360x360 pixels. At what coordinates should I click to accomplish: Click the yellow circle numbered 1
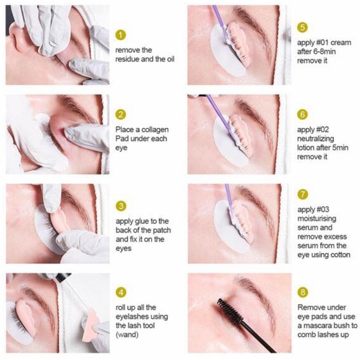tap(122, 35)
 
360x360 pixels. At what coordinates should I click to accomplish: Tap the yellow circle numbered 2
tap(122, 115)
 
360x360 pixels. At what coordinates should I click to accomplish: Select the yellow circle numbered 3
tap(122, 205)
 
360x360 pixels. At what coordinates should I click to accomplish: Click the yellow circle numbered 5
tap(302, 27)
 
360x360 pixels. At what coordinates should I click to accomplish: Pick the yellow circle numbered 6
tap(302, 115)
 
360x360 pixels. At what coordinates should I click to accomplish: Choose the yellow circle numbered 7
tap(302, 194)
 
